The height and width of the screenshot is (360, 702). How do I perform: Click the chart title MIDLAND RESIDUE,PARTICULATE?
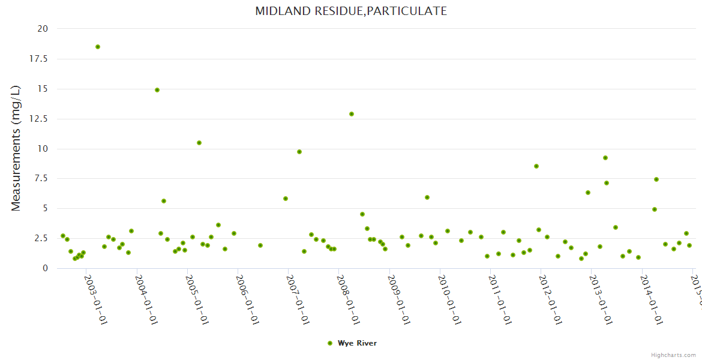[351, 11]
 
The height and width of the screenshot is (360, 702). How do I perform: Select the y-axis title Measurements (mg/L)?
[16, 148]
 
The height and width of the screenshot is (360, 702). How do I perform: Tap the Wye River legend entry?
[352, 343]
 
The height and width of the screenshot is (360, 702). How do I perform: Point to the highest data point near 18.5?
[98, 47]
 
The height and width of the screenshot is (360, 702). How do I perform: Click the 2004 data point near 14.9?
[157, 90]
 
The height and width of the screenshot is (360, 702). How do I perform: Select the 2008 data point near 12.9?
[352, 114]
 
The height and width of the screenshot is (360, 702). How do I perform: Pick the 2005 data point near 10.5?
[199, 143]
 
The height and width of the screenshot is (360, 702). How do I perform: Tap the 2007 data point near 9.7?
[299, 152]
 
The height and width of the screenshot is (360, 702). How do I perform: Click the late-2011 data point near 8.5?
[536, 166]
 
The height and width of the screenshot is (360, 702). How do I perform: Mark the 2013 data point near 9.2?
[605, 158]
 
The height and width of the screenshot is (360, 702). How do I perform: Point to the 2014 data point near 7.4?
[656, 179]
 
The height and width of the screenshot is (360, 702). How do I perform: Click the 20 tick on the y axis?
[43, 29]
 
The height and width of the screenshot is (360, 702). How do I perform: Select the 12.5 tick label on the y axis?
[40, 119]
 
